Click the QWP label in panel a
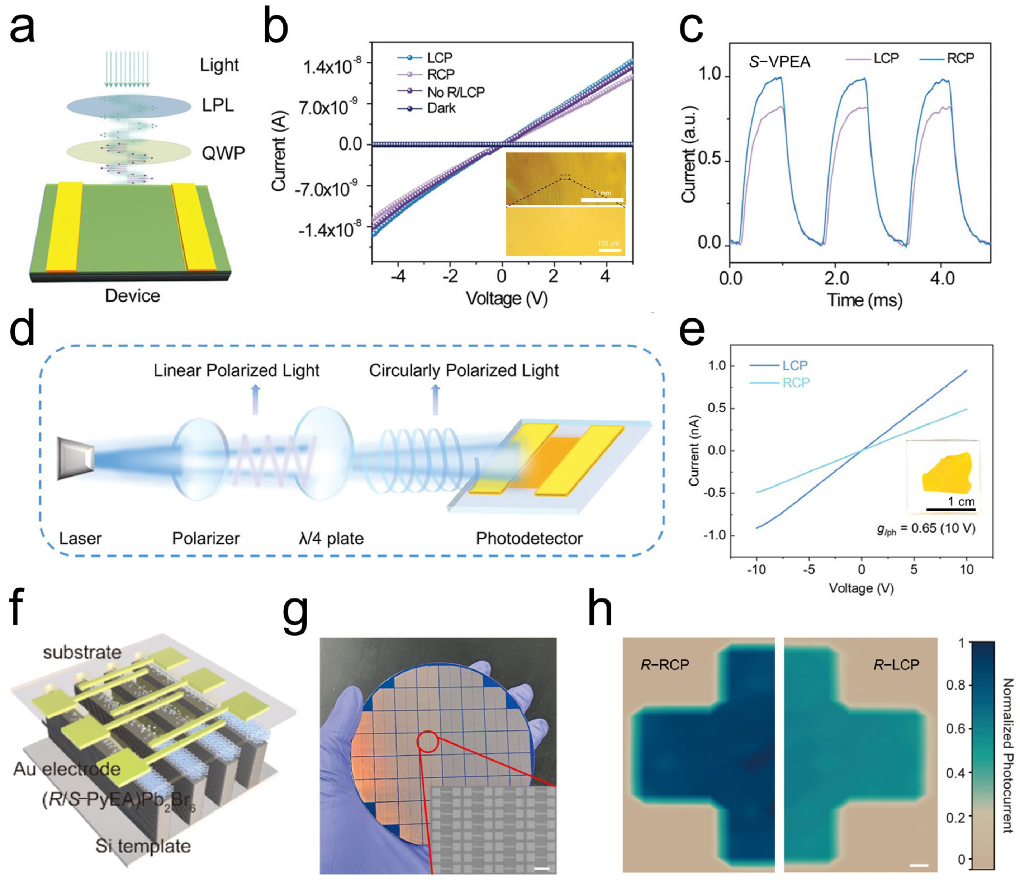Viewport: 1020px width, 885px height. (223, 153)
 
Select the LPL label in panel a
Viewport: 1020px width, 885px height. (218, 105)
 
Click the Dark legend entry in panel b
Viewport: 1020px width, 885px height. (441, 108)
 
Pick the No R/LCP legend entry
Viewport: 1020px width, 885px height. (455, 92)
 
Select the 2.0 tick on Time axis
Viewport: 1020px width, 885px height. (836, 279)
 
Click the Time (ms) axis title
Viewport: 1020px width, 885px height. (864, 300)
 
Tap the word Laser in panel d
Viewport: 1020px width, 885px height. (80, 538)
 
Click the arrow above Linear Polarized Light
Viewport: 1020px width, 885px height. (255, 399)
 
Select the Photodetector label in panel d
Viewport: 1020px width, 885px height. (529, 538)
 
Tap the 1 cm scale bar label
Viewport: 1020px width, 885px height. (961, 502)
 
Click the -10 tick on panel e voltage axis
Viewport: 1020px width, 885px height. (756, 570)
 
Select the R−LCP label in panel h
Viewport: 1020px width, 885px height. (896, 665)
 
